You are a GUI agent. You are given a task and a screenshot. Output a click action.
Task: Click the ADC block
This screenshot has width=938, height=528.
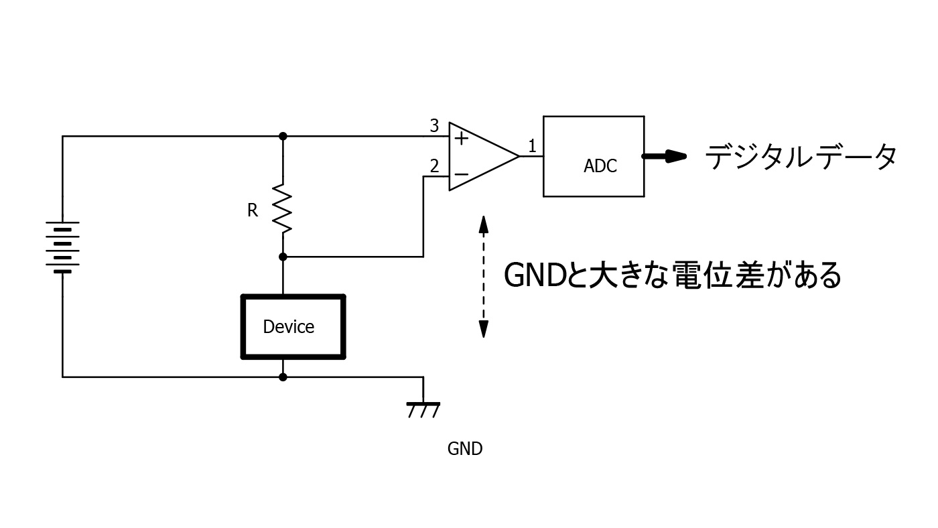(594, 157)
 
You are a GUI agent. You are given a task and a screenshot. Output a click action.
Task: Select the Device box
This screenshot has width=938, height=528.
(293, 327)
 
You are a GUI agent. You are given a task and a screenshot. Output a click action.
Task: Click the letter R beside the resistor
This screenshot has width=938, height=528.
(253, 210)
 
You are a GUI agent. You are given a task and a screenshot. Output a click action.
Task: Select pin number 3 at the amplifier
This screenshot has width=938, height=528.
(434, 126)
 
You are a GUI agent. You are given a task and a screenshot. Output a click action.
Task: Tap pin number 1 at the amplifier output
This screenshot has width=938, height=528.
(532, 145)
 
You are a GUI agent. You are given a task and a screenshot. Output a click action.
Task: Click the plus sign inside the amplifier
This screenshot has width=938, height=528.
(462, 139)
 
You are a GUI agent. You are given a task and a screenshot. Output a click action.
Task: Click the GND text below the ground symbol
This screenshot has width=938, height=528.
(464, 449)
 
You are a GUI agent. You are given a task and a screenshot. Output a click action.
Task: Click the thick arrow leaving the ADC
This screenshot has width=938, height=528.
(665, 157)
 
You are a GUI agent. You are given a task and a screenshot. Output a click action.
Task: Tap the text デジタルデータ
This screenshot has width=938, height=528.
(801, 158)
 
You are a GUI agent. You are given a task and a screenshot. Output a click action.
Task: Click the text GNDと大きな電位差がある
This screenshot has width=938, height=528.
(672, 275)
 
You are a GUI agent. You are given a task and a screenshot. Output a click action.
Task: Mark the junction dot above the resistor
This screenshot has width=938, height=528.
(283, 136)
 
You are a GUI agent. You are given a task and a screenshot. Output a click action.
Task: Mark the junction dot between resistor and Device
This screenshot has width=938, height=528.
(283, 257)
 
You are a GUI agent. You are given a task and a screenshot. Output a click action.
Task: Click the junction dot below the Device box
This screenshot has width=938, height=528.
(283, 377)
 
